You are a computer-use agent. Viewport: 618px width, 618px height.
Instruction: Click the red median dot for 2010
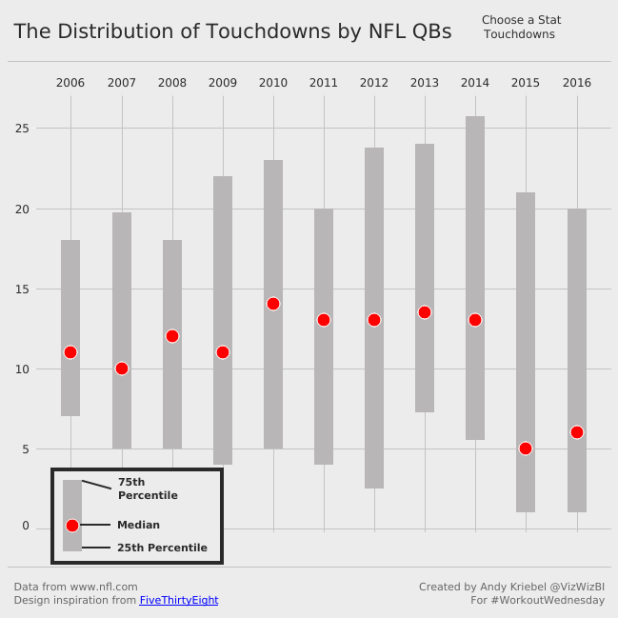click(x=273, y=304)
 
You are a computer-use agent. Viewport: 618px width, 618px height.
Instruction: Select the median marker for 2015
click(x=526, y=449)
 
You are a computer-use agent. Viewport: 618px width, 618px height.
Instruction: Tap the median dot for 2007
click(x=122, y=369)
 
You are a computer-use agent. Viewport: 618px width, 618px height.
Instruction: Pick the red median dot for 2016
click(x=577, y=432)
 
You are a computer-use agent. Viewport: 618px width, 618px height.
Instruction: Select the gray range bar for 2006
click(x=70, y=286)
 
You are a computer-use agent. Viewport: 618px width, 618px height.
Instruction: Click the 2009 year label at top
click(x=223, y=83)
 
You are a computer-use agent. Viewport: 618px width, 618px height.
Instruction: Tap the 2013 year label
click(x=425, y=83)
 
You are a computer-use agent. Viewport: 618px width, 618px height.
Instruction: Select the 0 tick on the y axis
click(x=26, y=527)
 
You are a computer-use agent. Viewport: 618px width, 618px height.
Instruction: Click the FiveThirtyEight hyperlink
click(x=179, y=601)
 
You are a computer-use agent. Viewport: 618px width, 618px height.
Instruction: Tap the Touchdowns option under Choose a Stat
click(x=519, y=35)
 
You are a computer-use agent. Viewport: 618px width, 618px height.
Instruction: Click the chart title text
click(x=232, y=31)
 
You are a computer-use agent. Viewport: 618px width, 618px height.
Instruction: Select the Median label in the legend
click(x=138, y=526)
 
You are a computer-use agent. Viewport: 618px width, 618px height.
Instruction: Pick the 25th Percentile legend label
click(x=162, y=548)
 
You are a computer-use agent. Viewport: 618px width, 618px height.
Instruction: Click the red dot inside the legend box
click(x=72, y=526)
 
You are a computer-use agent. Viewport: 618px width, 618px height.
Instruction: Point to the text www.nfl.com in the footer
click(x=104, y=587)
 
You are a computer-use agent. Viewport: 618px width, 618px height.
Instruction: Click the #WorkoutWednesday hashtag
click(x=548, y=601)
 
